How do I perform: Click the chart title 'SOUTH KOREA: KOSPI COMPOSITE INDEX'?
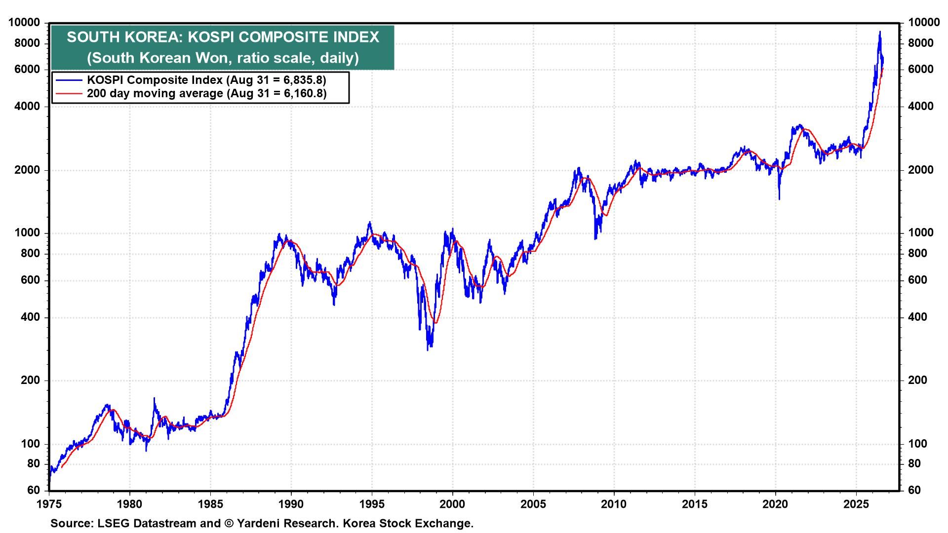coord(223,37)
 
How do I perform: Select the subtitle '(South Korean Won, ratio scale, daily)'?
coord(223,58)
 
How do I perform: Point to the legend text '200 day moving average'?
coord(155,93)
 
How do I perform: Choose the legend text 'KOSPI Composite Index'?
coord(155,80)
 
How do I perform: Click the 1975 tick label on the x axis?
coord(49,504)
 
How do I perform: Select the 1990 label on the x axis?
coord(291,504)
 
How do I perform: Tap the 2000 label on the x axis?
coord(453,504)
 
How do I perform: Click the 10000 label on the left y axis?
coord(24,23)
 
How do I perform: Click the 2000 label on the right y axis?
coord(921,170)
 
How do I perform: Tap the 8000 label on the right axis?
coord(921,43)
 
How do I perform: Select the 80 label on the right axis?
coord(914,464)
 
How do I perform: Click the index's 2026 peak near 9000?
coord(879,32)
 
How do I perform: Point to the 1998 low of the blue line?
coord(428,350)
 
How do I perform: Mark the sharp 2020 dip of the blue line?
coord(779,199)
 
